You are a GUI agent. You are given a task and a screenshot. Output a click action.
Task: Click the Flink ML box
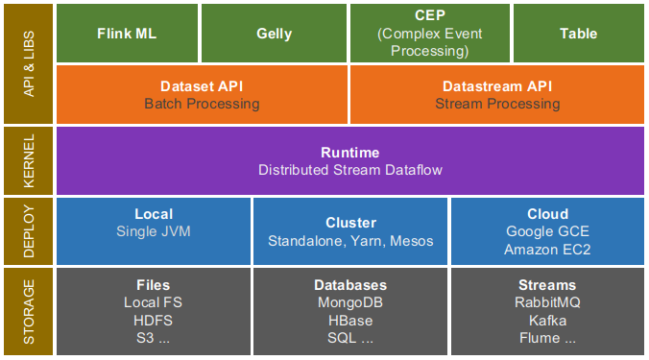[x=127, y=34]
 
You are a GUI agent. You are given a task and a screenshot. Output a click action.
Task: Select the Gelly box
[x=274, y=34]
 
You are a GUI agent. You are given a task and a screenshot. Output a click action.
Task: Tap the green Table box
[x=579, y=34]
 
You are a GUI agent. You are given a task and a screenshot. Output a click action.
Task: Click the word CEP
[x=430, y=15]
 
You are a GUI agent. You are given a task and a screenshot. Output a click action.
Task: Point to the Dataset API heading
[x=202, y=86]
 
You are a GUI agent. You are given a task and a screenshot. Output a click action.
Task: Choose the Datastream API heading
[x=497, y=86]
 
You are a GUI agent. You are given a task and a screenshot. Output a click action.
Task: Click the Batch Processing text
[x=202, y=104]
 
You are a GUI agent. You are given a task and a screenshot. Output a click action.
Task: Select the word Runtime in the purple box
[x=350, y=153]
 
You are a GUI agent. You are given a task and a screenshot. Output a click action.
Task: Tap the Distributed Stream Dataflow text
[x=350, y=170]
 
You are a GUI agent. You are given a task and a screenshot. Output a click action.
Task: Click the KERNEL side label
[x=29, y=161]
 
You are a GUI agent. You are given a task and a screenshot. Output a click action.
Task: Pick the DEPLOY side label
[x=29, y=231]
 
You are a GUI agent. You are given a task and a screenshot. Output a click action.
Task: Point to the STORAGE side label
[x=29, y=312]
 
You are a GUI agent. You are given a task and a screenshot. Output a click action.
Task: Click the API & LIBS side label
[x=29, y=63]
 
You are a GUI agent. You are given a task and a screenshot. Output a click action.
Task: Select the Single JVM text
[x=154, y=231]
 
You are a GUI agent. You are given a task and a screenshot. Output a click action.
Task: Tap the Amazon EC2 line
[x=547, y=250]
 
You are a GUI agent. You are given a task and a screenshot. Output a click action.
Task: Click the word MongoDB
[x=350, y=302]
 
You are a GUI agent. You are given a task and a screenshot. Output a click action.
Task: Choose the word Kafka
[x=547, y=321]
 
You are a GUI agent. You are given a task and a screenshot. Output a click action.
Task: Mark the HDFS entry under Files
[x=154, y=321]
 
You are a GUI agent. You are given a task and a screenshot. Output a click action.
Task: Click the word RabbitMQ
[x=547, y=302]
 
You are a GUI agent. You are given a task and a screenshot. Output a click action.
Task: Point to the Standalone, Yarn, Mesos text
[x=350, y=241]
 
